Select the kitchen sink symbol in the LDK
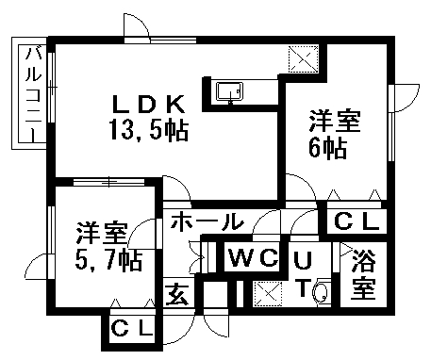pos(228,91)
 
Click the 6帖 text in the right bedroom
pos(327,147)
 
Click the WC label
pos(253,257)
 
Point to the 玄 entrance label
pos(178,294)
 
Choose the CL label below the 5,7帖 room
pos(133,331)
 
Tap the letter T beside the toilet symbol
pos(303,289)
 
